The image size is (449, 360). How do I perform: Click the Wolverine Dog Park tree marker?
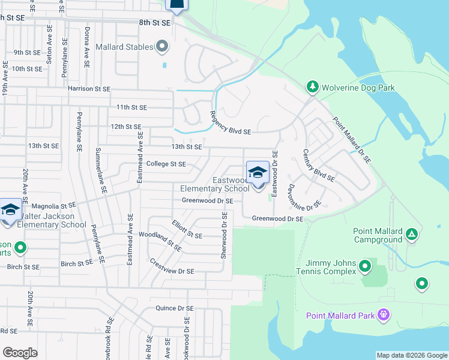312,88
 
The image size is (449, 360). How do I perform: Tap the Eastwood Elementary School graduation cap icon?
258,172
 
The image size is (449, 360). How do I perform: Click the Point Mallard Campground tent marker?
411,233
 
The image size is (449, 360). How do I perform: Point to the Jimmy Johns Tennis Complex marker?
364,265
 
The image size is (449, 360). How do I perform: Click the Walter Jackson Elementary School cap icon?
10,209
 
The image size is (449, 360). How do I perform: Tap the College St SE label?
166,164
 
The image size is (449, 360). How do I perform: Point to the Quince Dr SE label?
175,308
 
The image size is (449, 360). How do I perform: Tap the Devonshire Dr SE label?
304,197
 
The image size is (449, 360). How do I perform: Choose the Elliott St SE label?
187,231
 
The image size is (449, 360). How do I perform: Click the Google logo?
20,353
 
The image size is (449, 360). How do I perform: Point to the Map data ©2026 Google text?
411,355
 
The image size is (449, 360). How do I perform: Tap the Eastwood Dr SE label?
275,174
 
